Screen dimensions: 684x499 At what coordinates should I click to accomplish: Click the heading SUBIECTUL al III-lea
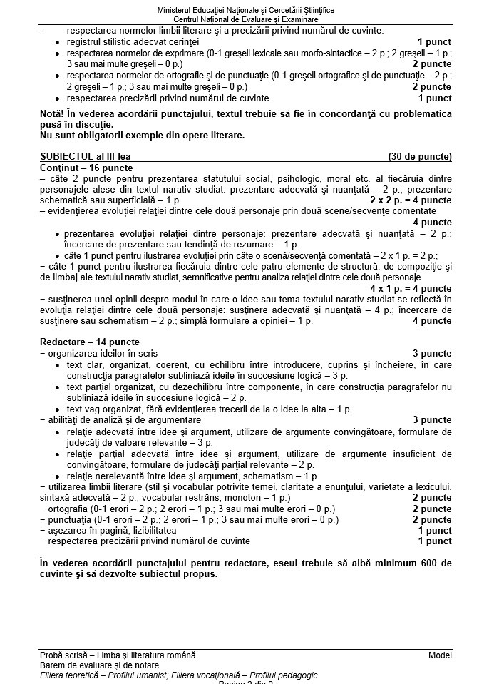pyautogui.click(x=86, y=156)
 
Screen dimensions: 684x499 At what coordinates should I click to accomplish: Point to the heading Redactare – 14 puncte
pyautogui.click(x=90, y=342)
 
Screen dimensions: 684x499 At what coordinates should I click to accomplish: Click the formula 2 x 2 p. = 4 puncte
pyautogui.click(x=411, y=200)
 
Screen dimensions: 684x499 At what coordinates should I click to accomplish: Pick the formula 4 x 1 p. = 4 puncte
pyautogui.click(x=411, y=287)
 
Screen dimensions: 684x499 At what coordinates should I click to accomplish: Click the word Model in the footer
pyautogui.click(x=440, y=655)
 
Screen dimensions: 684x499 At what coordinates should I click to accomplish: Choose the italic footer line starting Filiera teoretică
pyautogui.click(x=179, y=675)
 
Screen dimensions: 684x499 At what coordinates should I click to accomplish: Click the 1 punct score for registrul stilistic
pyautogui.click(x=434, y=42)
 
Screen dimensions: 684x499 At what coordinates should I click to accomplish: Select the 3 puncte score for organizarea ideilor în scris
pyautogui.click(x=431, y=353)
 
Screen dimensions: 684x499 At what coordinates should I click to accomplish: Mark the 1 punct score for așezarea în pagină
pyautogui.click(x=434, y=530)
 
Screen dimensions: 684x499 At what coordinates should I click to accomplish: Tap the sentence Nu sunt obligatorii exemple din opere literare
pyautogui.click(x=143, y=135)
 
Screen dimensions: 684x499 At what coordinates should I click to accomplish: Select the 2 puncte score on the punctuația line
pyautogui.click(x=431, y=519)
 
